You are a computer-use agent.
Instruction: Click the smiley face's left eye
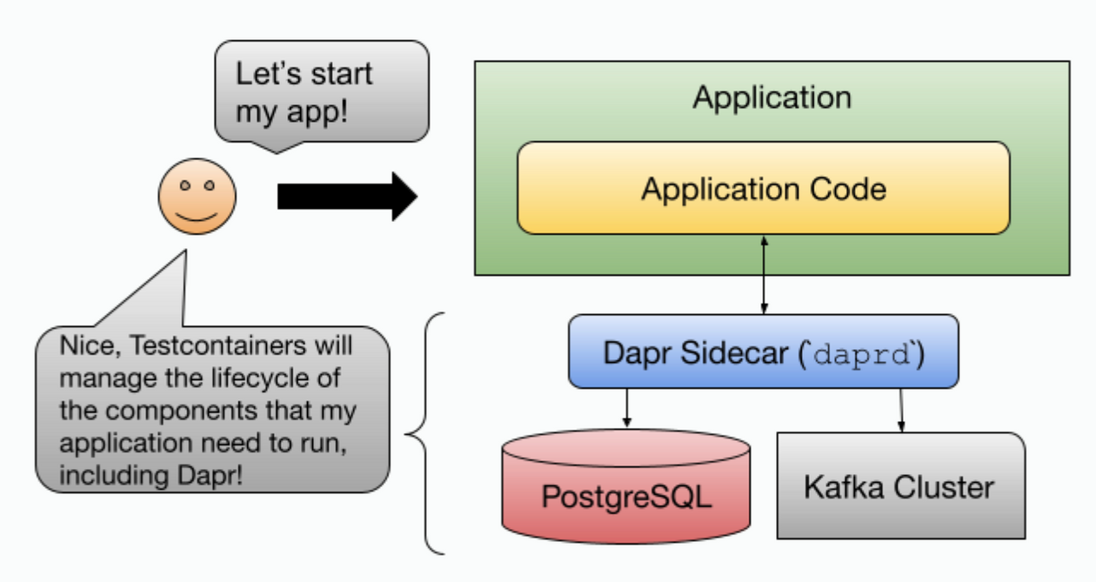coord(184,186)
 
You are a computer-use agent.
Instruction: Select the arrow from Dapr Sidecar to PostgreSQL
coord(626,407)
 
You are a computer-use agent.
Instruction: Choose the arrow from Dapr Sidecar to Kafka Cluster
coord(901,409)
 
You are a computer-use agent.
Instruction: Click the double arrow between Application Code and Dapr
coord(764,274)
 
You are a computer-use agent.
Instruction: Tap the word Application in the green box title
coord(772,97)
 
